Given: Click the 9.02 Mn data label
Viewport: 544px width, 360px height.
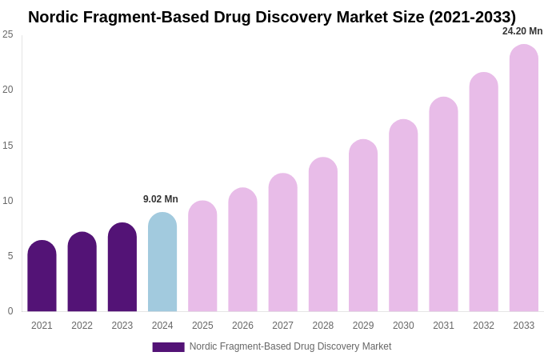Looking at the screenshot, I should tap(161, 199).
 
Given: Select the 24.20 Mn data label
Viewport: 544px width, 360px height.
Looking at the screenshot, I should tap(522, 31).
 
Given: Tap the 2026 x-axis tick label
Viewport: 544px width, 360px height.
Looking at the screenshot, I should tap(242, 326).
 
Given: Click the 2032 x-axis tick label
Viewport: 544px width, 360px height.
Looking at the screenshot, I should tap(483, 326).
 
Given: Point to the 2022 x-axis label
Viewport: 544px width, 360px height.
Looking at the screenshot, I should tap(82, 326).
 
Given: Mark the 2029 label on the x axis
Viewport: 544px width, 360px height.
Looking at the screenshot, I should tap(363, 326).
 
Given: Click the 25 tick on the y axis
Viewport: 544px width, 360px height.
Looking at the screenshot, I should tap(8, 34).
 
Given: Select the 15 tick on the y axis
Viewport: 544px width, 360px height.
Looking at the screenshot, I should tap(8, 146).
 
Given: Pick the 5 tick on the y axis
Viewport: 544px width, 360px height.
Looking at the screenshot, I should tap(10, 256).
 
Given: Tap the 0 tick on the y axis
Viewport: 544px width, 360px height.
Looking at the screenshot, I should tap(10, 311).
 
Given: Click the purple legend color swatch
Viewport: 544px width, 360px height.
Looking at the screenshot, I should tap(168, 347).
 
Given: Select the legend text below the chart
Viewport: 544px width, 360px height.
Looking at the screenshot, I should tap(290, 346).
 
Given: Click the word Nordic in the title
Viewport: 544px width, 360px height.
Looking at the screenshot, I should tap(54, 17).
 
